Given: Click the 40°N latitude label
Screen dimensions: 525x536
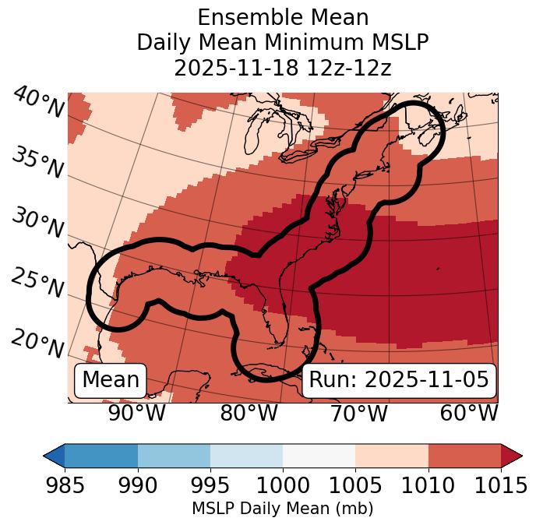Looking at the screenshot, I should point(37,103).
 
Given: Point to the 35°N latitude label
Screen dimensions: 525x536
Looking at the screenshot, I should point(37,162).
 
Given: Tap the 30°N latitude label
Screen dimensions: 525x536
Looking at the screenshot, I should point(37,223).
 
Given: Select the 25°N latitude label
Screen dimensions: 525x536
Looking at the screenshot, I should point(37,283).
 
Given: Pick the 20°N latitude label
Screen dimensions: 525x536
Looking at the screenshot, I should point(37,343).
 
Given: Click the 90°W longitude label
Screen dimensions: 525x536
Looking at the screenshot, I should point(136,413).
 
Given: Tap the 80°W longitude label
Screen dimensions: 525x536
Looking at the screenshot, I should point(249,413).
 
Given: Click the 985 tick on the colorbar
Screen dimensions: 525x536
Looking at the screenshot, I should point(65,485).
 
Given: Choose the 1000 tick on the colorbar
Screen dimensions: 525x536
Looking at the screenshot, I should point(283,485).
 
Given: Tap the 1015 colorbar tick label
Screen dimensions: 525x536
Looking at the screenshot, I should point(501,485).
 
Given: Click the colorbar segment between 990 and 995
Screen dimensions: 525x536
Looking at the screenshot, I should point(174,455).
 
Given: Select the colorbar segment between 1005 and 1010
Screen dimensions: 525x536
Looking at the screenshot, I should point(392,455).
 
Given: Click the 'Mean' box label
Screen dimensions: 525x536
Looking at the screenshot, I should point(111,380).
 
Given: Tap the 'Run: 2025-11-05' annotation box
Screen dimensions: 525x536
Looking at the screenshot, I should point(399,380).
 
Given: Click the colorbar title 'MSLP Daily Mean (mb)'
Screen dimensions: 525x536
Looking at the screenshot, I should point(283,509).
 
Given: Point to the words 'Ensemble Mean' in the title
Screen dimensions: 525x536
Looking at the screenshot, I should point(283,17).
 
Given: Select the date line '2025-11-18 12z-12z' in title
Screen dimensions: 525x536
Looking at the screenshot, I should point(283,68).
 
